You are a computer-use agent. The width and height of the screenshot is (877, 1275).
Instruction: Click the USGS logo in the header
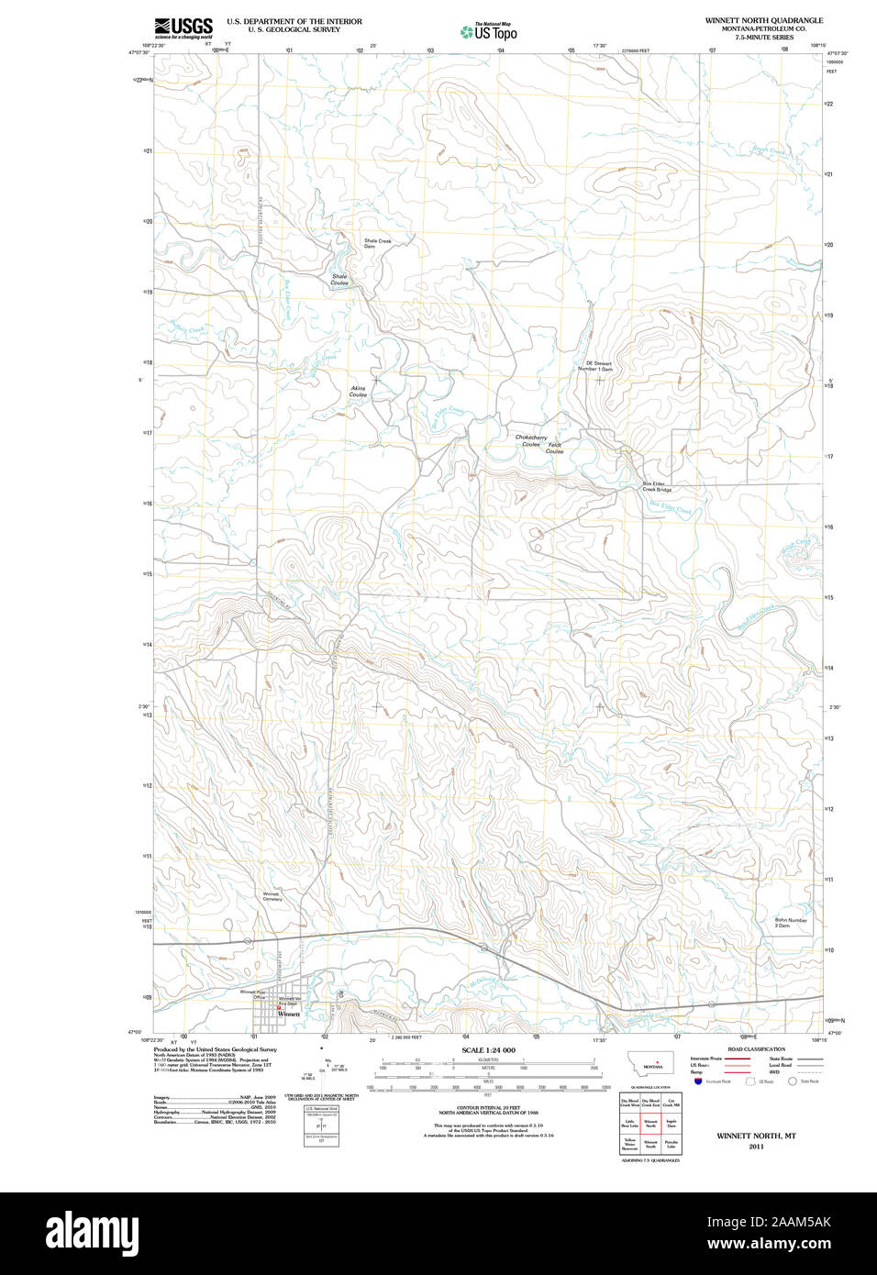click(183, 28)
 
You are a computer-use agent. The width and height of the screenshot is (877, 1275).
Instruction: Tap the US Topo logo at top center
click(489, 32)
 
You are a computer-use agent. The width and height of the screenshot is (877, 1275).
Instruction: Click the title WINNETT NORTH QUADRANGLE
click(763, 20)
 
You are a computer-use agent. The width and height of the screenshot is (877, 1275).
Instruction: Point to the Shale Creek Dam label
click(376, 244)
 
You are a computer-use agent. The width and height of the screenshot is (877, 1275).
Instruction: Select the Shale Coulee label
click(339, 280)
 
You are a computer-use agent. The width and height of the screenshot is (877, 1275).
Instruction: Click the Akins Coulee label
click(358, 392)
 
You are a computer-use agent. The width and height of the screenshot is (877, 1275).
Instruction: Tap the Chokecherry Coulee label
click(530, 441)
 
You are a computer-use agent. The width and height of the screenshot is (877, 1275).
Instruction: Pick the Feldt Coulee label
click(554, 449)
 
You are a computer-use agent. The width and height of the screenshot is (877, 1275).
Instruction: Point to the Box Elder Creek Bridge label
click(656, 487)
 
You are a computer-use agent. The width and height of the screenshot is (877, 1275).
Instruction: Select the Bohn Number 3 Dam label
click(790, 923)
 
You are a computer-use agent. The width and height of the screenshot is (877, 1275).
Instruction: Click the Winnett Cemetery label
click(272, 896)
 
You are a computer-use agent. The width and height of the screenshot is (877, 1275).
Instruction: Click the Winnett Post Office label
click(252, 994)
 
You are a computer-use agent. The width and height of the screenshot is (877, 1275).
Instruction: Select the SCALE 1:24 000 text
click(488, 1050)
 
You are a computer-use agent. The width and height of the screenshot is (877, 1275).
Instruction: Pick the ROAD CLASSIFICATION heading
click(756, 1049)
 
